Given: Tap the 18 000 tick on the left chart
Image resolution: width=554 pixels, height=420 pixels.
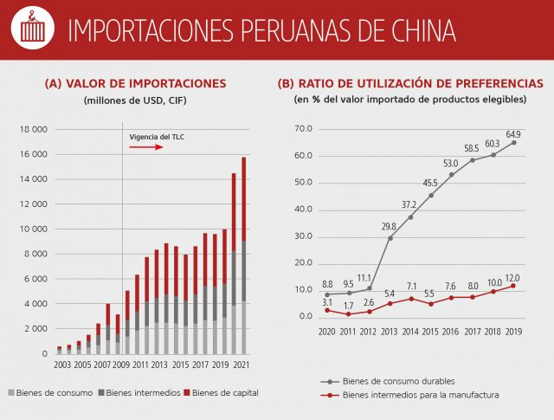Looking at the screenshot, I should pyautogui.click(x=32, y=129).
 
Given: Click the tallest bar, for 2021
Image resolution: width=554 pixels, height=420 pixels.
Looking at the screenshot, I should pyautogui.click(x=245, y=251).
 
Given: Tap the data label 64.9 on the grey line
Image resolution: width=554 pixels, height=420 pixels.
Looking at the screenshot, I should pyautogui.click(x=513, y=133).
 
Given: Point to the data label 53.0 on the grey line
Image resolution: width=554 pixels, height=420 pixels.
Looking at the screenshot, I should pyautogui.click(x=450, y=164).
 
